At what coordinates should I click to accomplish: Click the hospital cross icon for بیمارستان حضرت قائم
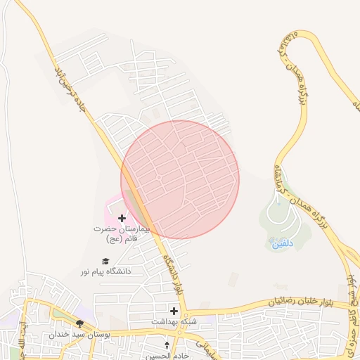(x=122, y=219)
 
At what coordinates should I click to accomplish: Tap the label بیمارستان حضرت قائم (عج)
(x=122, y=234)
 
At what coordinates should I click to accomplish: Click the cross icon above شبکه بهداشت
(x=174, y=310)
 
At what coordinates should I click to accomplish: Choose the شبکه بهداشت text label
(x=169, y=321)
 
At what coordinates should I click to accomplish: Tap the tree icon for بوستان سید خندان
(x=80, y=324)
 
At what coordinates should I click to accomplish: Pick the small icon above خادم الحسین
(x=167, y=345)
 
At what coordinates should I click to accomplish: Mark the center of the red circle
(x=180, y=179)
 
